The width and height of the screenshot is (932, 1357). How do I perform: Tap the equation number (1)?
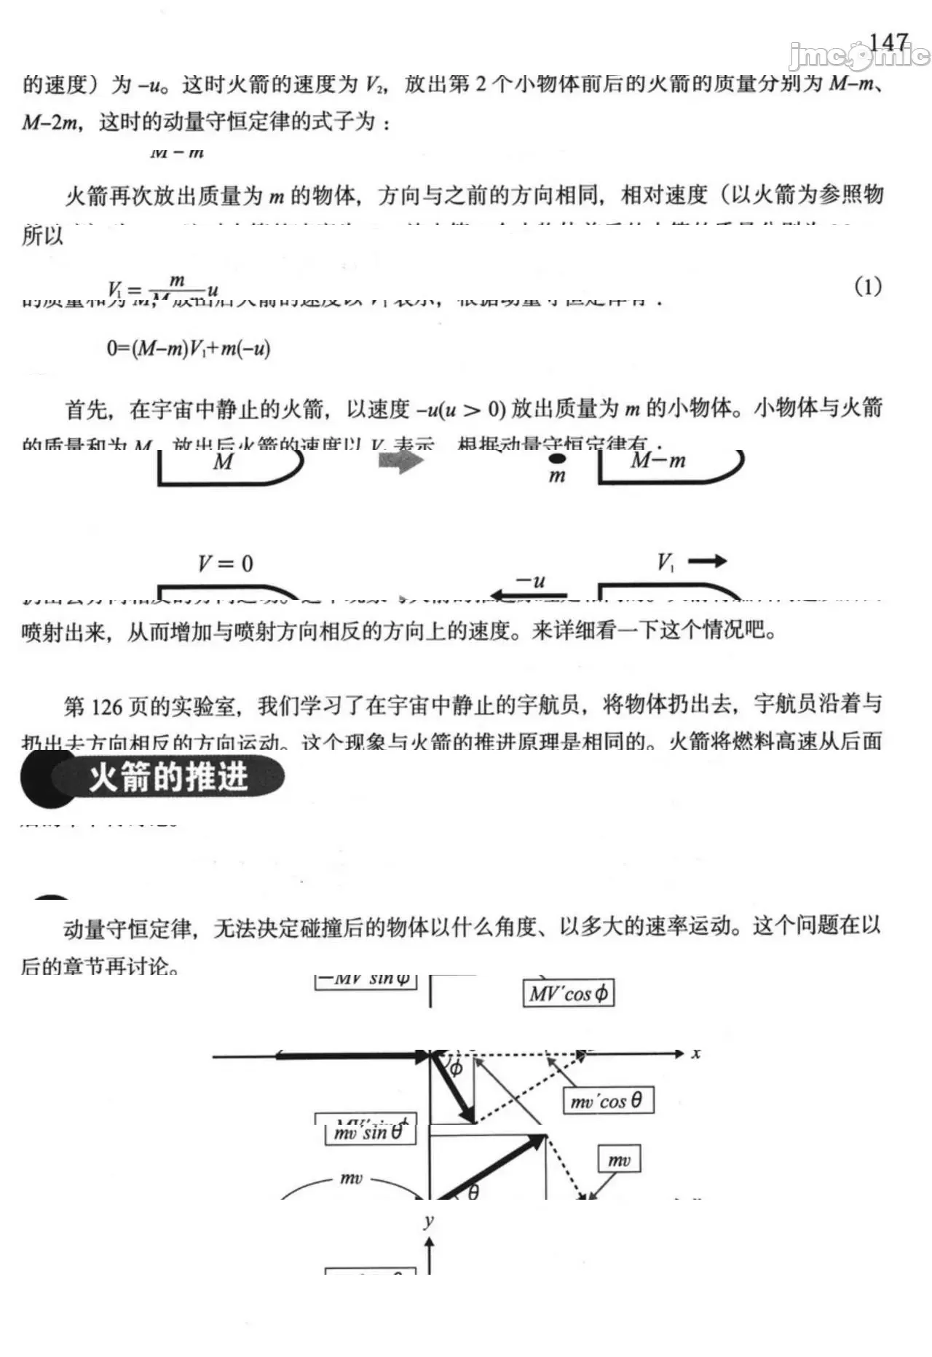867,287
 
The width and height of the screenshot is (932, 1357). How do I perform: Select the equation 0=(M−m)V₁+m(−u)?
189,348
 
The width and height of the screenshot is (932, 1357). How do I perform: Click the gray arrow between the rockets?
400,461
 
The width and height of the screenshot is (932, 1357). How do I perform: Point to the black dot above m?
557,459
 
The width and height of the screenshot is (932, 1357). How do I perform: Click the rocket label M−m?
657,460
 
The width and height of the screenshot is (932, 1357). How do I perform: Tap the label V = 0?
225,563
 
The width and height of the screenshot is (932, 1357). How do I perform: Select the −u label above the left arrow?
530,581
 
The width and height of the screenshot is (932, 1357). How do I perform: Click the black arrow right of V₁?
707,561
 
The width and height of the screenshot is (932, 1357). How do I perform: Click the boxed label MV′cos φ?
568,994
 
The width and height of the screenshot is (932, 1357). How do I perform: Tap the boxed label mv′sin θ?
369,1134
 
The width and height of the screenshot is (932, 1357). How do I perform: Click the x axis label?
696,1053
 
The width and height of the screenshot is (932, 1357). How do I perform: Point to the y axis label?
429,1221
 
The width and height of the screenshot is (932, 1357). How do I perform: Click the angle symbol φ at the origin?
455,1068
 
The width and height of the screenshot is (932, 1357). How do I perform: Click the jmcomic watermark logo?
859,55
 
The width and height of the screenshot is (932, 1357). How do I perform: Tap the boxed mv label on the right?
619,1160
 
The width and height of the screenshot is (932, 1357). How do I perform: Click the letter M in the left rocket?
223,462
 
